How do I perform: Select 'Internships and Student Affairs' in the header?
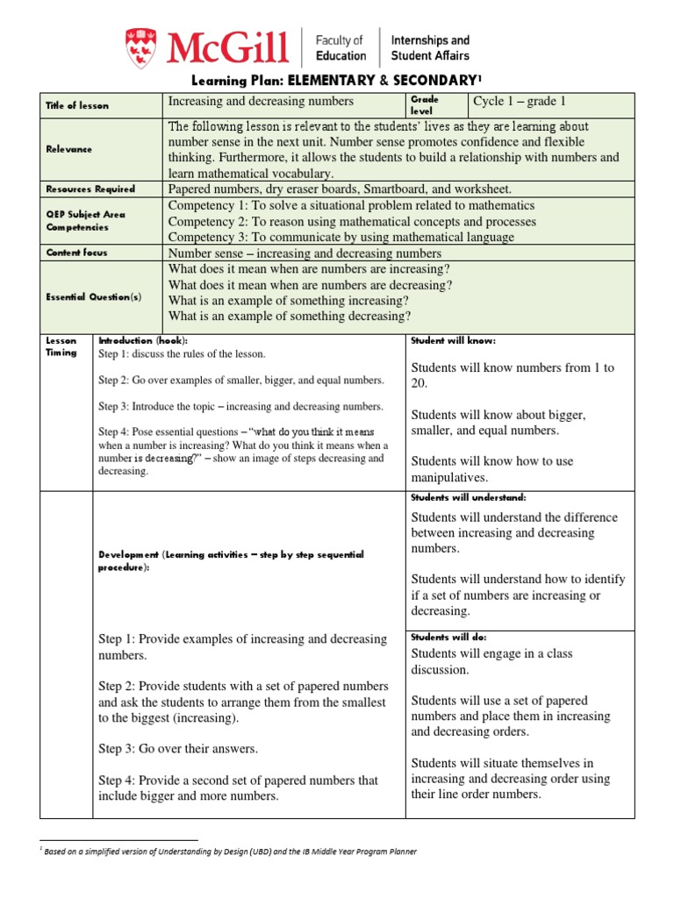429,47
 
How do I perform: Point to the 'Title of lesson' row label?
77,105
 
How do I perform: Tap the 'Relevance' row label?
69,149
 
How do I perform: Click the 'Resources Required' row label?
90,189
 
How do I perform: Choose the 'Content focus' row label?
76,253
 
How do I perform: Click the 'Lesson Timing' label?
61,346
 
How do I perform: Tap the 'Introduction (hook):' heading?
142,340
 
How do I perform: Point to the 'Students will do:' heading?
448,637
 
